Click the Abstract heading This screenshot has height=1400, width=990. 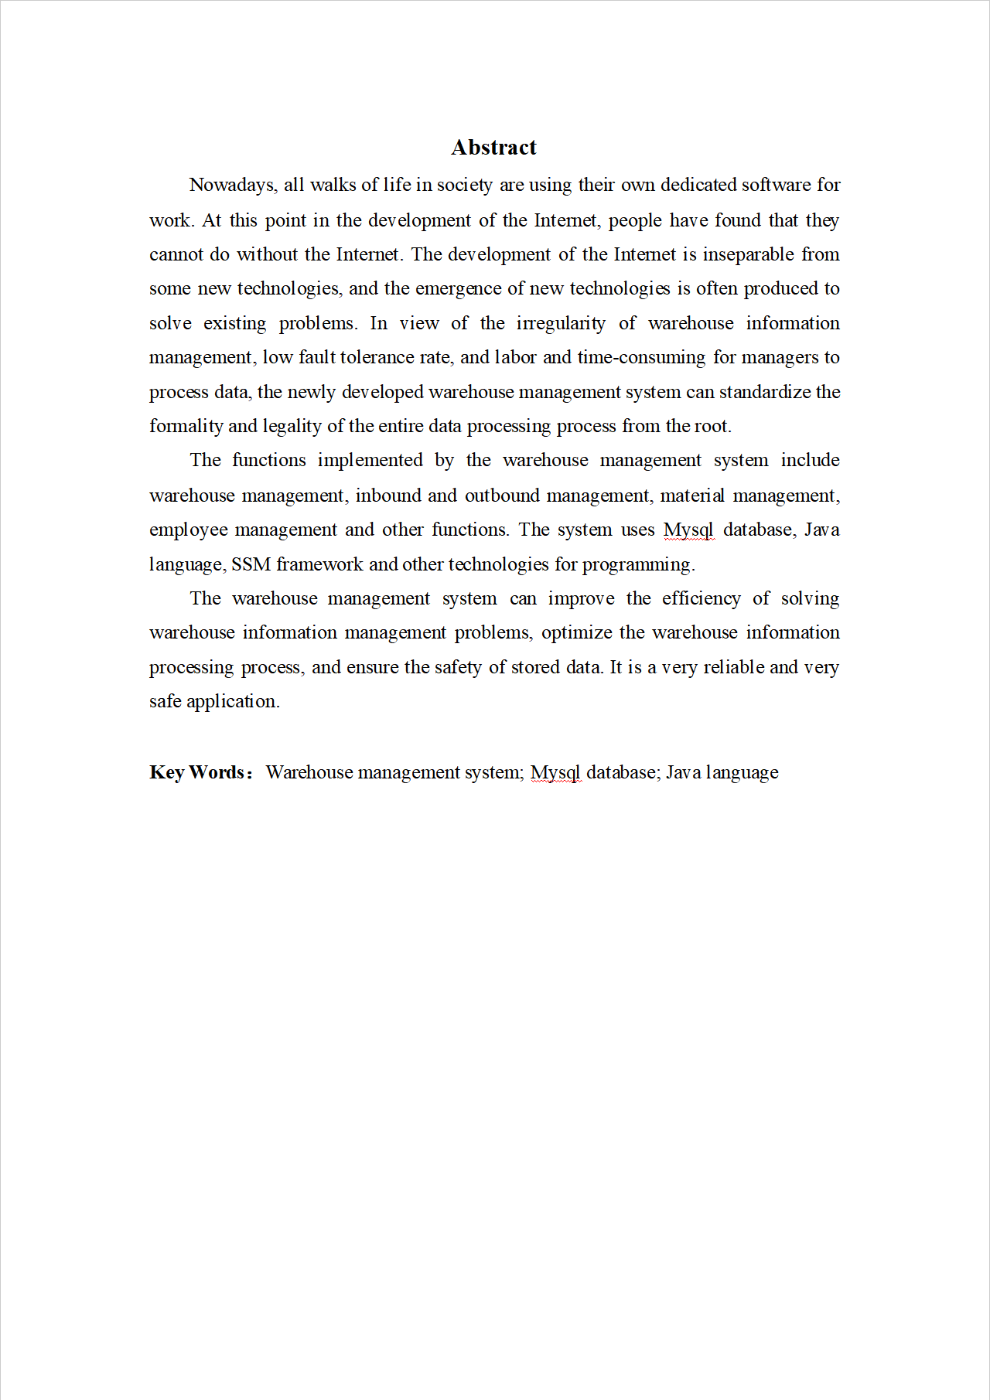493,147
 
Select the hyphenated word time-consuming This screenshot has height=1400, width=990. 641,357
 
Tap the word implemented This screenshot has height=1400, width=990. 370,461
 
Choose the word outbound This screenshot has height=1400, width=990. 500,496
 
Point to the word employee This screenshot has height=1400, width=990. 188,530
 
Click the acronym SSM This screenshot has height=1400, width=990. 251,564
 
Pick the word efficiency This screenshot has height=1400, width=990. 701,598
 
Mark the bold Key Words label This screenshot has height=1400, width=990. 197,772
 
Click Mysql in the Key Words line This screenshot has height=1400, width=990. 555,773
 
